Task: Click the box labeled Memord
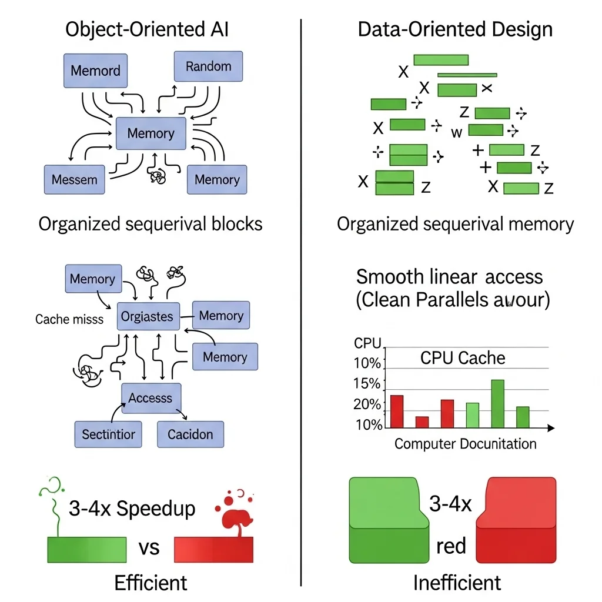[x=95, y=71]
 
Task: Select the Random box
[x=208, y=66]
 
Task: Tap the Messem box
[x=74, y=179]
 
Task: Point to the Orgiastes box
[x=147, y=317]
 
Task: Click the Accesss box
[x=150, y=399]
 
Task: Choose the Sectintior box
[x=108, y=435]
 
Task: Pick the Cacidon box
[x=190, y=435]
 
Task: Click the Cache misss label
[x=69, y=319]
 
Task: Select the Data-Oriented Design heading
[x=455, y=29]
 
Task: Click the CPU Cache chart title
[x=463, y=358]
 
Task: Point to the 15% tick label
[x=367, y=384]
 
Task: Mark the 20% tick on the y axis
[x=367, y=404]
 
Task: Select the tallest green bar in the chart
[x=497, y=404]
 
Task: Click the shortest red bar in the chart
[x=422, y=422]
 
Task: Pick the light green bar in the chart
[x=473, y=415]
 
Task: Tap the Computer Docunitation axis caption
[x=465, y=444]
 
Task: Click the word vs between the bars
[x=149, y=547]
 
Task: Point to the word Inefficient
[x=457, y=583]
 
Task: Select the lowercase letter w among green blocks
[x=457, y=133]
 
